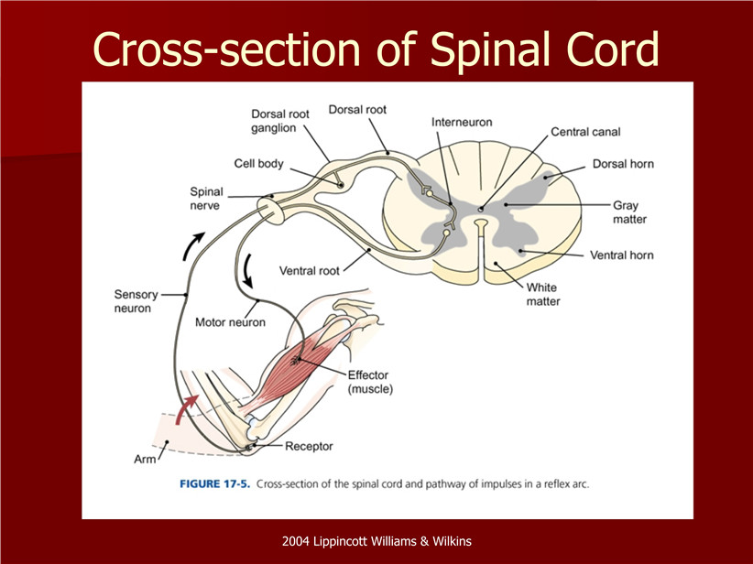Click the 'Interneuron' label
coord(462,123)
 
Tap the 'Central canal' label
coord(585,132)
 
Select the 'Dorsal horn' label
coord(623,164)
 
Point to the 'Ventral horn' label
coord(621,255)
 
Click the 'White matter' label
coord(542,294)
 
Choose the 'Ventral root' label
coord(310,271)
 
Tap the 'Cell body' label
coord(258,164)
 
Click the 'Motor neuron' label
coord(230,322)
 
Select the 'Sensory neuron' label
coord(136,301)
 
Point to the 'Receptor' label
coord(309,447)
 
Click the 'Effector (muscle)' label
coord(370,382)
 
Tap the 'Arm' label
coord(145,460)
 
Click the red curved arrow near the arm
coord(185,409)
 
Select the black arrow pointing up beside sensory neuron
coord(192,245)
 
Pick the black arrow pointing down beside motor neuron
coord(248,271)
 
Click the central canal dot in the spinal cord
coord(481,209)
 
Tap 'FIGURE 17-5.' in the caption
coord(215,483)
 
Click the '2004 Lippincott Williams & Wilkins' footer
coord(376,541)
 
